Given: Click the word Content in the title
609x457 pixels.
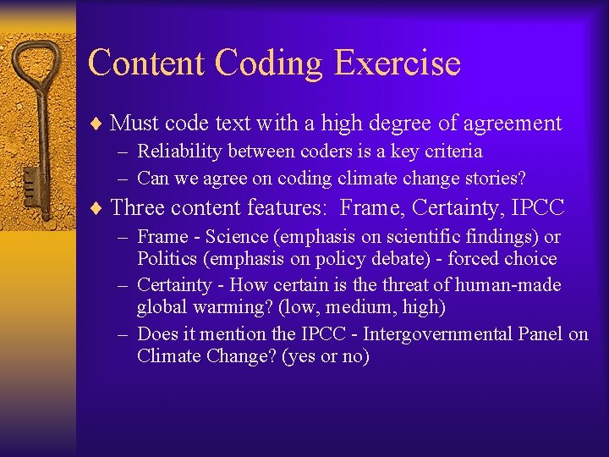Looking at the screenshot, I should [146, 63].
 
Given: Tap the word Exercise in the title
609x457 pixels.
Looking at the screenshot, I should [398, 63].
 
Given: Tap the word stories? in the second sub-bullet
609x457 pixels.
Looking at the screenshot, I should [495, 178].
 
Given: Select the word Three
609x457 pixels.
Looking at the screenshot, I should [139, 207].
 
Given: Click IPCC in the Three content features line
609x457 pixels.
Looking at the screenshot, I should [540, 207].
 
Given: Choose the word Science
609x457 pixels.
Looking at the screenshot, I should [233, 237].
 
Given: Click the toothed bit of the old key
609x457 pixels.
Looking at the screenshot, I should [29, 182].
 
